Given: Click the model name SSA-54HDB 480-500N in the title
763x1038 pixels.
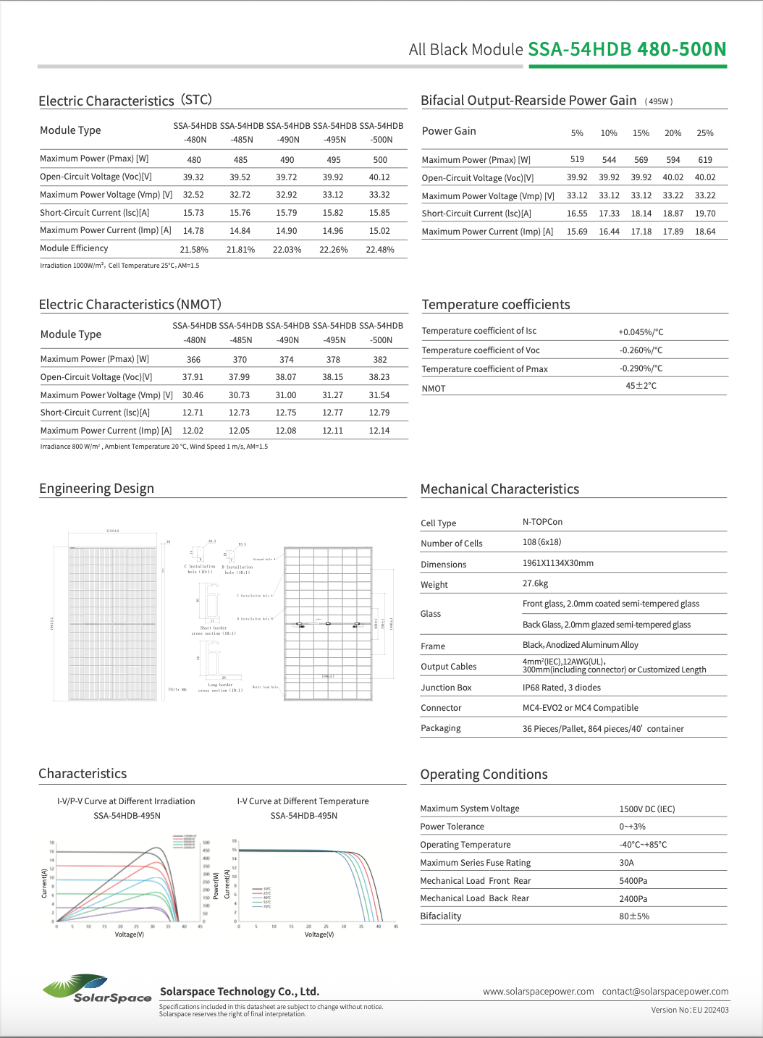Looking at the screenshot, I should pyautogui.click(x=627, y=49).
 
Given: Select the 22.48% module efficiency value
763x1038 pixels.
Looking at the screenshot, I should pyautogui.click(x=380, y=250).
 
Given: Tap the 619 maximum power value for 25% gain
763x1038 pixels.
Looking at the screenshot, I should pyautogui.click(x=705, y=160).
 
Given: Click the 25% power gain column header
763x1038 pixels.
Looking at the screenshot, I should pyautogui.click(x=705, y=133).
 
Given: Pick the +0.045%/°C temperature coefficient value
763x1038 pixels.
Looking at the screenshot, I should pyautogui.click(x=641, y=332).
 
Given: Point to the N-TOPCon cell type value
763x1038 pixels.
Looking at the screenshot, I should pyautogui.click(x=542, y=522).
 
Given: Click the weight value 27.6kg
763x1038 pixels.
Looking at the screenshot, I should pyautogui.click(x=535, y=583).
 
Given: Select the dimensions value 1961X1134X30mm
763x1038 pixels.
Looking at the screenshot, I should pyautogui.click(x=557, y=563).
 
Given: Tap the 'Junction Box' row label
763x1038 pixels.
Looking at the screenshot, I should pyautogui.click(x=446, y=688).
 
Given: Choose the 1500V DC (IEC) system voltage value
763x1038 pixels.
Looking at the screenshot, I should pyautogui.click(x=646, y=809).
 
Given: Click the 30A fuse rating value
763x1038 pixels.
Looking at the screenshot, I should pyautogui.click(x=626, y=863).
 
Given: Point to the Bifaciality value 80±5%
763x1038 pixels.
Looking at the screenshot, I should pyautogui.click(x=634, y=916).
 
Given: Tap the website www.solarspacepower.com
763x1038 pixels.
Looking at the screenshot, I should pyautogui.click(x=538, y=992).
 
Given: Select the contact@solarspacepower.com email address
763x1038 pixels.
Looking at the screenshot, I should pyautogui.click(x=665, y=992).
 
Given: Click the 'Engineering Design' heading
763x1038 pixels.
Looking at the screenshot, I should pyautogui.click(x=96, y=489).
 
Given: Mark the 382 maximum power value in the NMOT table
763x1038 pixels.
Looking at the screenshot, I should pyautogui.click(x=380, y=360).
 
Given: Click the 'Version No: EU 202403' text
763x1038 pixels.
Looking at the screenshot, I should pyautogui.click(x=689, y=1010).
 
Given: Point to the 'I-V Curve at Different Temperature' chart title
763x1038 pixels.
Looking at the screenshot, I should pyautogui.click(x=303, y=801).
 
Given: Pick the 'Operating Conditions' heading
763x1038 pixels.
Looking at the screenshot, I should pyautogui.click(x=484, y=775).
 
